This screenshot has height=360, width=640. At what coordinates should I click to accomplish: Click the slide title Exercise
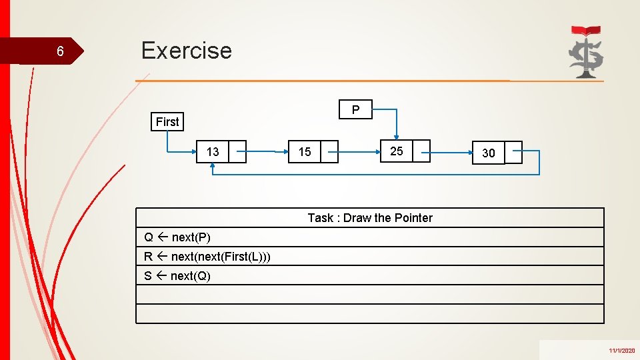coord(187,51)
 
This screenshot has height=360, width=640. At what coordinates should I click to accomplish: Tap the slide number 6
coord(60,52)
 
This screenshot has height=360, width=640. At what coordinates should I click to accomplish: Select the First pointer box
coord(167,121)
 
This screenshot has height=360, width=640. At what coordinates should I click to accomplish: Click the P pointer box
coord(355,109)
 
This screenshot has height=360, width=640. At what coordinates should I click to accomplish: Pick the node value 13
coord(213,152)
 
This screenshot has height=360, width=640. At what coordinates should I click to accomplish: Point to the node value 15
coord(305,152)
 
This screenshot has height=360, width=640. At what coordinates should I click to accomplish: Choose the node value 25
coord(397,151)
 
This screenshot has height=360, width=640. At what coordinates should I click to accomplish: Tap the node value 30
coord(489,153)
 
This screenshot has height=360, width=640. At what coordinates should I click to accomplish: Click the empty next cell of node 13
coord(237,152)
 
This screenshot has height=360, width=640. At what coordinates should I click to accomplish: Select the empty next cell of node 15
coord(329,152)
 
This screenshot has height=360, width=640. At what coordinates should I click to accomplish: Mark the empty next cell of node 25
coord(421,151)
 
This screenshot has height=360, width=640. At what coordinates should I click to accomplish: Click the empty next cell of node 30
coord(513,153)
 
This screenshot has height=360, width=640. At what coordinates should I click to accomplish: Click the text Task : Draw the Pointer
coord(370,218)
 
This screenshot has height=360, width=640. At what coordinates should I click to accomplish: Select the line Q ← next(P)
coord(177,237)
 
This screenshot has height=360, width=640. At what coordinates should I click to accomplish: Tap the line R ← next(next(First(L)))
coord(207,257)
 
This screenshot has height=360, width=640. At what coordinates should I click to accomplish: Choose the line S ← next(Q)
coord(177,276)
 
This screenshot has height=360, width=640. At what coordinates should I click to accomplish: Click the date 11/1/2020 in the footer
coord(621,351)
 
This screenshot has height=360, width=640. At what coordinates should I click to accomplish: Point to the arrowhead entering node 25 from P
coord(397,137)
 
